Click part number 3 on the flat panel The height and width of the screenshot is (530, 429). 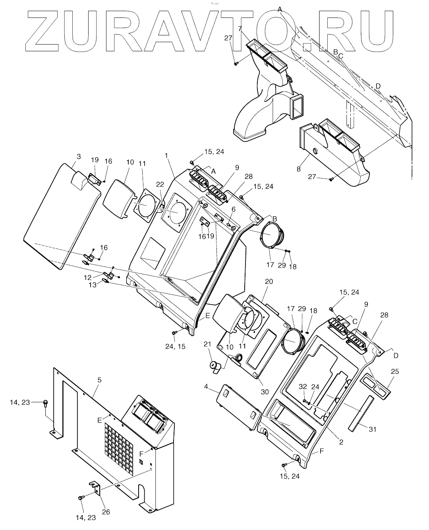point(79,157)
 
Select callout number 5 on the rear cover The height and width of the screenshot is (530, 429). point(99,380)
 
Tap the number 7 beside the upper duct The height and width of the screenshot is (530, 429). point(240,29)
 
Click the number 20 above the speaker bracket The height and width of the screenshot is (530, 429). point(269,282)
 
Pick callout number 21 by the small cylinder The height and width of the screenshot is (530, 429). point(207,344)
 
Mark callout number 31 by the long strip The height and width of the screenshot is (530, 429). point(372,429)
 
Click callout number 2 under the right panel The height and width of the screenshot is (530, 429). point(341,442)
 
